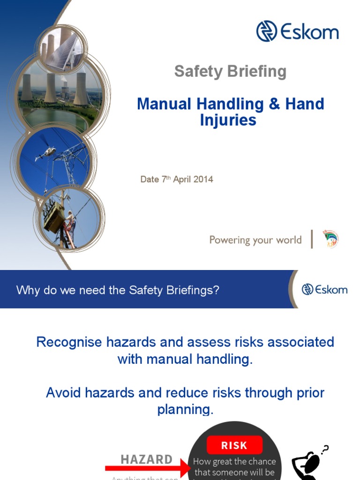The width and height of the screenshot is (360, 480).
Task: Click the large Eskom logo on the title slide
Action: pos(297,31)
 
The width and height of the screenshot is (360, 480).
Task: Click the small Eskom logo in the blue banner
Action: pos(324,289)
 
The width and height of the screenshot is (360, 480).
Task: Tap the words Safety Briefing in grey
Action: pos(230,71)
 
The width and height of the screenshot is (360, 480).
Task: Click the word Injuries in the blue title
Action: pos(228,120)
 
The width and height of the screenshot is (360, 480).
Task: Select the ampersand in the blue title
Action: pos(274,104)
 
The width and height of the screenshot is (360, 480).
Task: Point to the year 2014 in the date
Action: pos(203,180)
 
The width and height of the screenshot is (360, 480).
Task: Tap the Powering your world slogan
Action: pos(255,240)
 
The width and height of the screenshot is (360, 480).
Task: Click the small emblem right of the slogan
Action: pos(330,239)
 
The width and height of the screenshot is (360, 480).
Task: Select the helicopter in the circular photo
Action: pos(45,153)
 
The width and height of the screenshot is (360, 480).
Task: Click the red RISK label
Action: pos(234,445)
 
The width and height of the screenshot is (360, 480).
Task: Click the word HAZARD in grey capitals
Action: pos(147,459)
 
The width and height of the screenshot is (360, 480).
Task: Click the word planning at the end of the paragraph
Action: pos(185,409)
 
